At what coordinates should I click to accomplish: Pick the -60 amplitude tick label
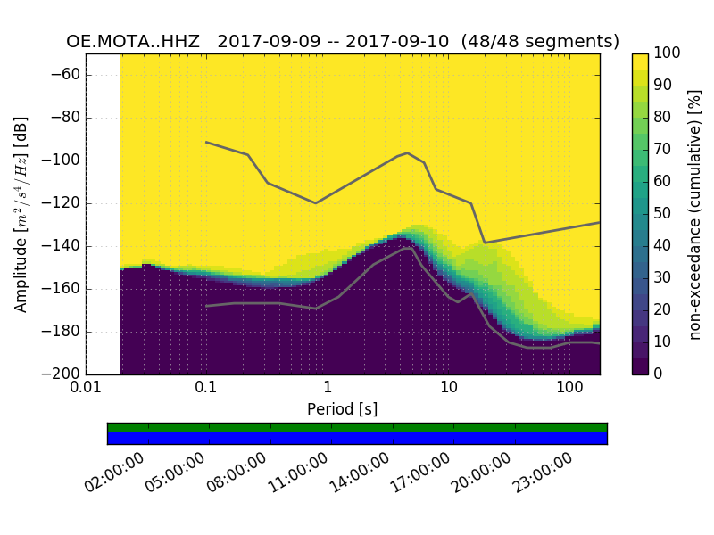65,75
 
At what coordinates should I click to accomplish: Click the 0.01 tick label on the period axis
86,389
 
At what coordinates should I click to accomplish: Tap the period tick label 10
449,389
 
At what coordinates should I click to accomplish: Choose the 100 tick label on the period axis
569,389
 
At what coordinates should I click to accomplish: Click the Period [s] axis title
343,409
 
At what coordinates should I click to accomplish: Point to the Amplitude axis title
21,214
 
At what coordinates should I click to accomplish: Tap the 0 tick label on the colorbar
660,374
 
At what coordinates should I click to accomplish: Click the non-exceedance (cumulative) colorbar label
696,214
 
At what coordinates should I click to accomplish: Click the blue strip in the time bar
357,437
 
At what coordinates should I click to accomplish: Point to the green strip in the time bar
357,427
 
